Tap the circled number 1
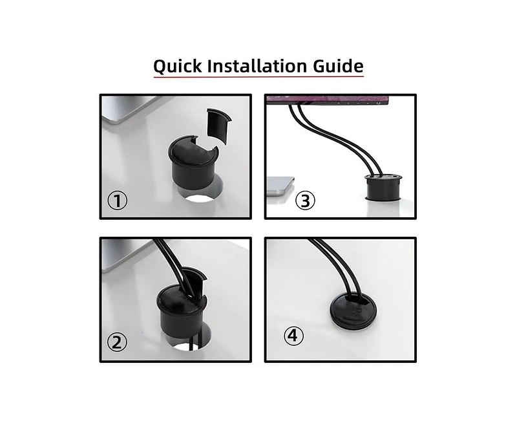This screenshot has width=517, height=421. [117, 201]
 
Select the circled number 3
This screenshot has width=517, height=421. [305, 200]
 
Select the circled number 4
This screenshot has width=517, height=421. [294, 336]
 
